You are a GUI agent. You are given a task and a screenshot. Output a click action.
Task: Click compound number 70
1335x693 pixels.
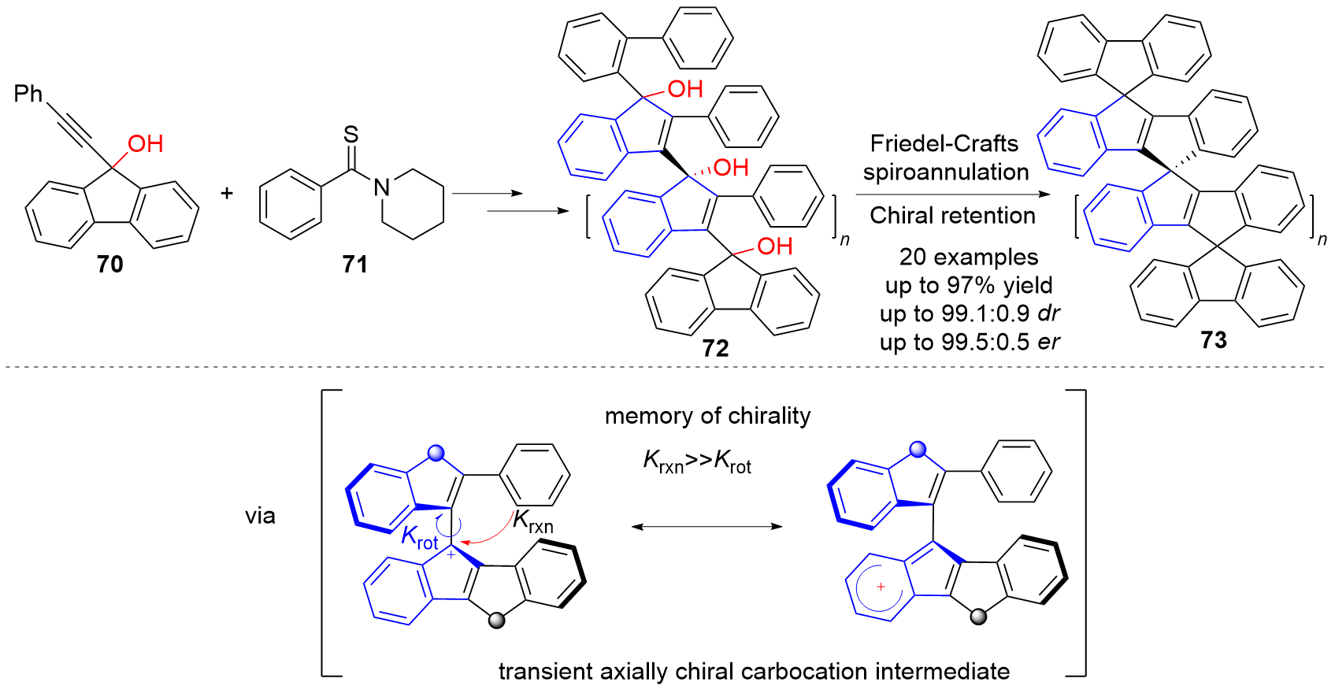[110, 264]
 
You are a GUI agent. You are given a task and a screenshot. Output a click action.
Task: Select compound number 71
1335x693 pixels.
[355, 264]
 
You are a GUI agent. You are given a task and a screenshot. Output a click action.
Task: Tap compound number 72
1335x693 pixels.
[715, 347]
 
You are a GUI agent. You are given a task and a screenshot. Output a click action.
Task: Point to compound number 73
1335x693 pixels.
[1214, 339]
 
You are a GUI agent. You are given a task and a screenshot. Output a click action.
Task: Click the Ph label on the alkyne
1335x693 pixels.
[28, 94]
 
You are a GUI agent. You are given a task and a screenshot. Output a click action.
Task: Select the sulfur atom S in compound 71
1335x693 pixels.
[351, 135]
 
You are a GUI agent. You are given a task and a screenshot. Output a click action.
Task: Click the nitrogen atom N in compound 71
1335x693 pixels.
[382, 187]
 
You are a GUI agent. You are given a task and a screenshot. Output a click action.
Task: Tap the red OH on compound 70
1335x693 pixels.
[146, 143]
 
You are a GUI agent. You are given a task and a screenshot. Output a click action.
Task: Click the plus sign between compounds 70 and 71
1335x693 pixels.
[227, 192]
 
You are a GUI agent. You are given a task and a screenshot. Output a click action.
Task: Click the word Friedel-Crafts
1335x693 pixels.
[944, 143]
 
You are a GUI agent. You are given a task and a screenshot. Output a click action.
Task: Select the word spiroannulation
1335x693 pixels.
[945, 172]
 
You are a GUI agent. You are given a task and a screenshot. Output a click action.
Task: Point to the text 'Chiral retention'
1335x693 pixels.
[952, 215]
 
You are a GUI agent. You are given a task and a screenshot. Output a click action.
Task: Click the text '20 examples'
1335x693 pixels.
[969, 257]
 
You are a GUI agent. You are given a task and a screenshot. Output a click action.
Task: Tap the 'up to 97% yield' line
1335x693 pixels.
[969, 285]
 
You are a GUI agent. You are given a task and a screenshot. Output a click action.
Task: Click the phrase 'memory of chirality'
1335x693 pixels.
[707, 416]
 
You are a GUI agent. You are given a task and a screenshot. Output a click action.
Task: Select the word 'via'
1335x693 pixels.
[260, 516]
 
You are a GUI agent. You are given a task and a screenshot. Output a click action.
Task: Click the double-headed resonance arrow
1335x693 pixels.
[706, 526]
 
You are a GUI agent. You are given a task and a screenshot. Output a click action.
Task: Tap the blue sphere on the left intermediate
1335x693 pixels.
[436, 453]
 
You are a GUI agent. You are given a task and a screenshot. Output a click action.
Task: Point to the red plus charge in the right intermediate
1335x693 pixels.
[881, 587]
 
